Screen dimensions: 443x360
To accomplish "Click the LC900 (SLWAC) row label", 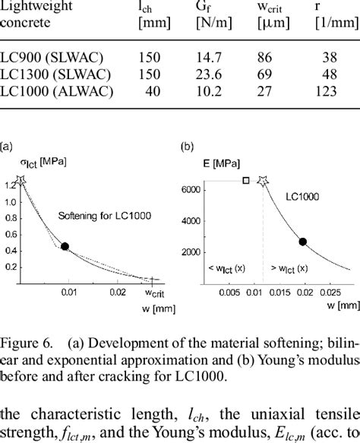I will pos(48,56).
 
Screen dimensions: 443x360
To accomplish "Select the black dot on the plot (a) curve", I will pos(65,246).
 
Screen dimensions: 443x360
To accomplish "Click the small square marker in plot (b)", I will pos(245,180).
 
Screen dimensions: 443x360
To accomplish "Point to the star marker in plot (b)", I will pos(264,180).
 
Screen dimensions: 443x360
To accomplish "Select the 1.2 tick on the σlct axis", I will pos(9,185).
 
